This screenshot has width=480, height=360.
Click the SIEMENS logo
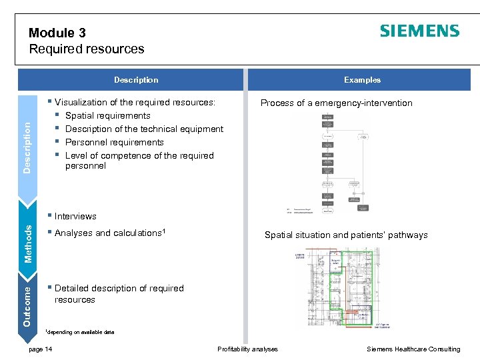419,31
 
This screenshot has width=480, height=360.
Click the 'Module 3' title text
57,33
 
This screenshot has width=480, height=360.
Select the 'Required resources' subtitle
87,49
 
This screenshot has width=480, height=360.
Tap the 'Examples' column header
362,80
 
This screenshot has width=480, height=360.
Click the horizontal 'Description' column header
136,80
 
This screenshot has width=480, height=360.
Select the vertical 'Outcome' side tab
27,304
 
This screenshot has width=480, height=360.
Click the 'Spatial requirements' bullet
108,115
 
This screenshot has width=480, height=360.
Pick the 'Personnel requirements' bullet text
114,142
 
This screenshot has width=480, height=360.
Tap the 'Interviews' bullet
75,216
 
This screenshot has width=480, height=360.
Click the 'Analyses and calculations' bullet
109,233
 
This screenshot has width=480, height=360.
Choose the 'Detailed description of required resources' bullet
119,294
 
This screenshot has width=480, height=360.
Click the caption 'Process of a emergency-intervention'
336,103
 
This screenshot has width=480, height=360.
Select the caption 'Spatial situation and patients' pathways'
346,235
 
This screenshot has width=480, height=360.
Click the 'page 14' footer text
41,349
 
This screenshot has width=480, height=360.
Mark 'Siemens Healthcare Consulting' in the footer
413,349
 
